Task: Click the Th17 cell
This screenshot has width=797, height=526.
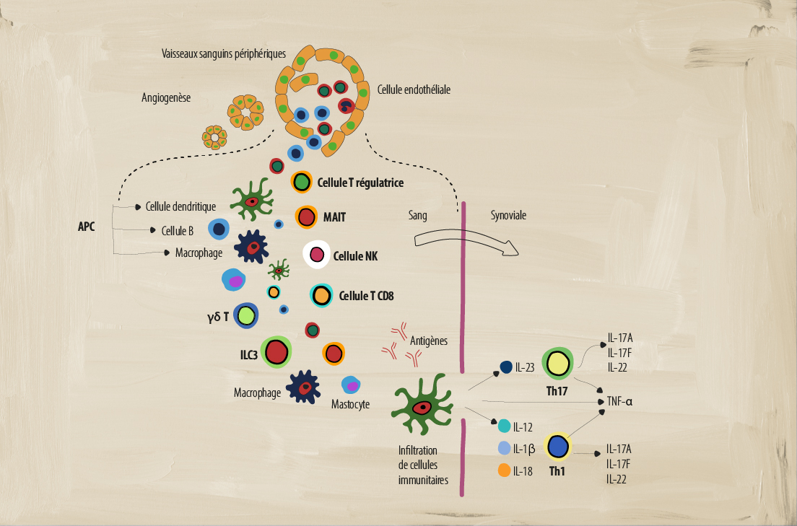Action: pos(558,364)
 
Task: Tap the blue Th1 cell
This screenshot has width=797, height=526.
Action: pos(558,447)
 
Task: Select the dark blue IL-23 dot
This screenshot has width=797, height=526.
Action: pos(506,367)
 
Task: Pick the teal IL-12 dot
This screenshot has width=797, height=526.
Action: pos(505,426)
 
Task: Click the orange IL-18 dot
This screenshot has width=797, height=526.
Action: pos(505,471)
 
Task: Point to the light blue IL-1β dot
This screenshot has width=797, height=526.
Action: pos(505,448)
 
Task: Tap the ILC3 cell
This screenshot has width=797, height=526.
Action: pos(276,352)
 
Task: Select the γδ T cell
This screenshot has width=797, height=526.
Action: pos(246,315)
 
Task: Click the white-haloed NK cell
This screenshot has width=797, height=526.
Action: pos(316,254)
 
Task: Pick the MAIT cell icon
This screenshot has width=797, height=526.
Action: pos(307,216)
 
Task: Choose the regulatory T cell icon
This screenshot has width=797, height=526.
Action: pos(301,182)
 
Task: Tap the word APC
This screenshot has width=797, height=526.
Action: pos(87,227)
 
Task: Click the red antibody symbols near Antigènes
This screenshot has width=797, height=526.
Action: pos(393,342)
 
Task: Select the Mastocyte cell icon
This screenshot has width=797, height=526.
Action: pos(349,385)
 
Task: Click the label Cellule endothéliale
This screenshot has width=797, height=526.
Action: pos(414,91)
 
